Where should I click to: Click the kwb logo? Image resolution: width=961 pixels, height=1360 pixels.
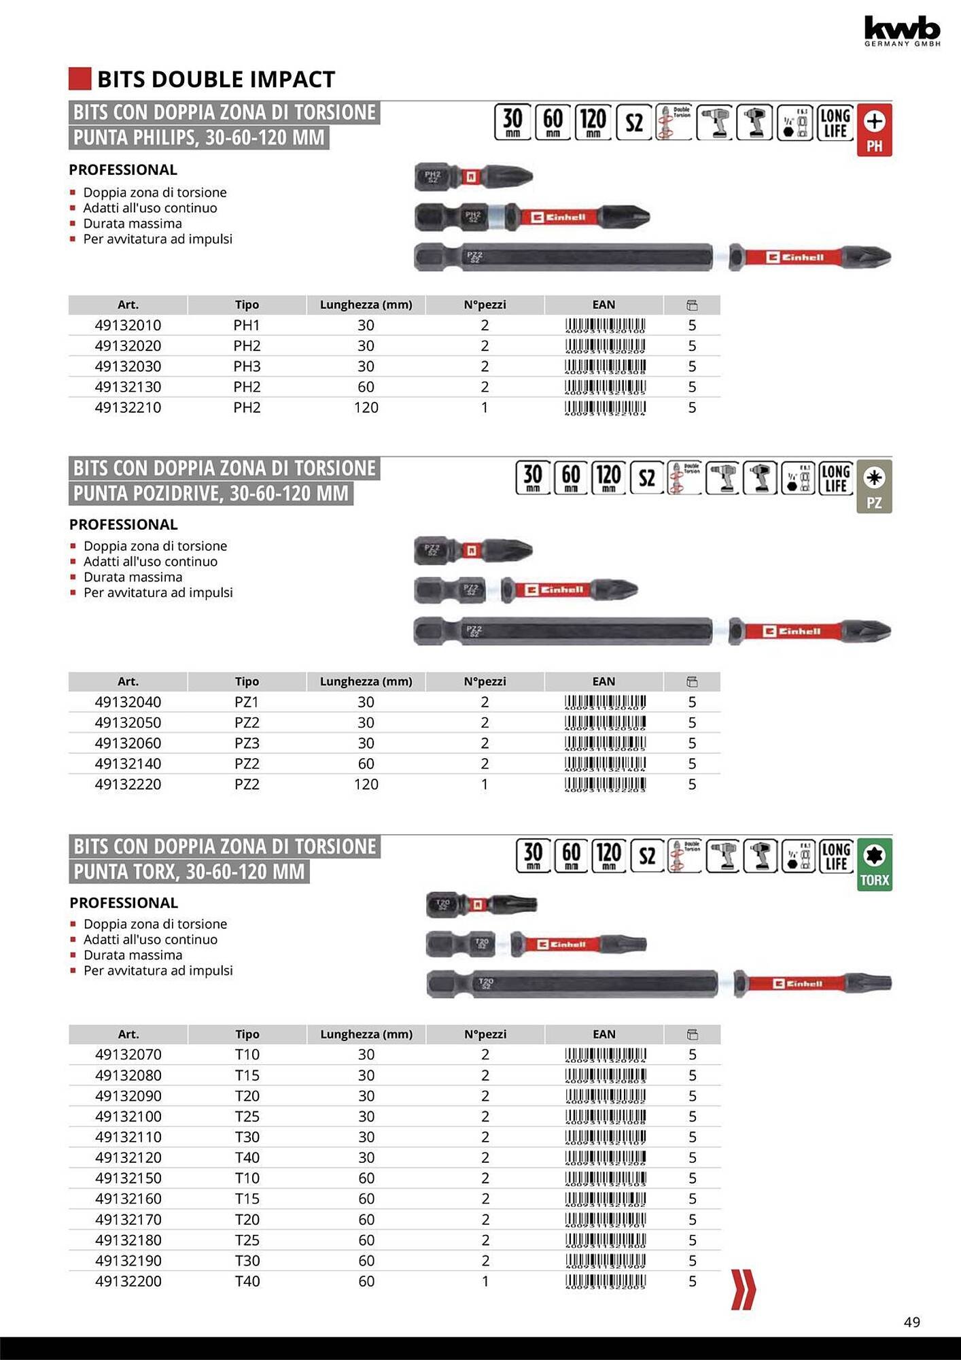[902, 31]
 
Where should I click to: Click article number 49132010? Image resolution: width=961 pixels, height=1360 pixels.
[128, 325]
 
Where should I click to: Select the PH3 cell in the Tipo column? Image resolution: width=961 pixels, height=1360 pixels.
[247, 367]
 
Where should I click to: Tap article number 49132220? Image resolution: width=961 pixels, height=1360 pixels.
[128, 784]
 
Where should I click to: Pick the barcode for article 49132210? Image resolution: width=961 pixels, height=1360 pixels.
[605, 408]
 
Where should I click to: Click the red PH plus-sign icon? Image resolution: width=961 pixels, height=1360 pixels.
[874, 130]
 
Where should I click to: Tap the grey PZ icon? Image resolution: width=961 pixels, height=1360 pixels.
[874, 486]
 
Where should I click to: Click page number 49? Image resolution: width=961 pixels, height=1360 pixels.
[911, 1322]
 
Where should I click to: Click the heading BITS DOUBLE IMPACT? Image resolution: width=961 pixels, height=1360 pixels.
[216, 80]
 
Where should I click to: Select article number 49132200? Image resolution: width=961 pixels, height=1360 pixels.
[128, 1281]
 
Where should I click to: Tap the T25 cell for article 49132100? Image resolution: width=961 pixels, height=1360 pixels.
[247, 1117]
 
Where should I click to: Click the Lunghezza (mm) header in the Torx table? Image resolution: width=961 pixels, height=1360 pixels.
[366, 1034]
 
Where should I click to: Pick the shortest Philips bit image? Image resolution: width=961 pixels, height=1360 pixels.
[474, 177]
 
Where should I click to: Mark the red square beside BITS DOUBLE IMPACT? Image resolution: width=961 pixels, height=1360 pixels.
[80, 79]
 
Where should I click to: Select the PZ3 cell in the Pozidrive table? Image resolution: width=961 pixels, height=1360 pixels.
[247, 743]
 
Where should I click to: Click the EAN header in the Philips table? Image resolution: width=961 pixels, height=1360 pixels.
[604, 305]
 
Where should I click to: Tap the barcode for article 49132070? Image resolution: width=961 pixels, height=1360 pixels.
[605, 1055]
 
